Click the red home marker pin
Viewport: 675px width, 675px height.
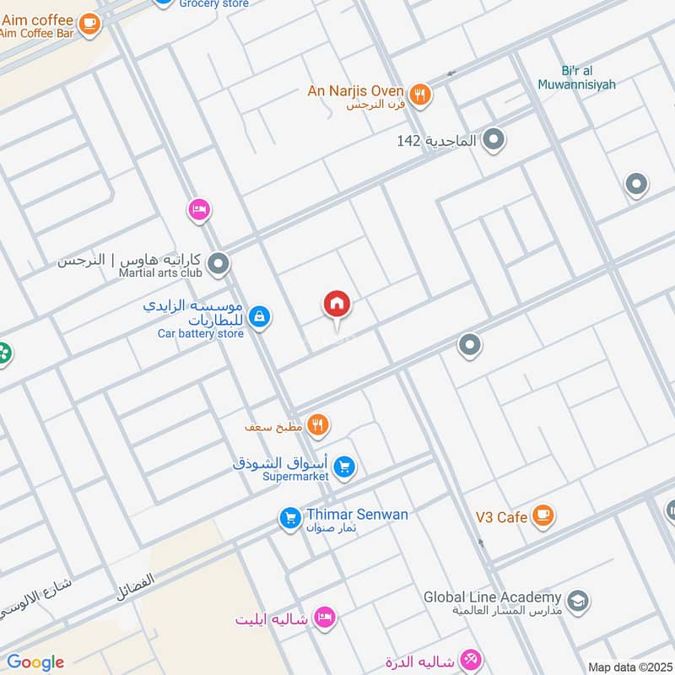tap(337, 305)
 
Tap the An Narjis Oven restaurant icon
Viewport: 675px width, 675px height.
tap(419, 94)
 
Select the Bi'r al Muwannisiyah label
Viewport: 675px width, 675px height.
tap(577, 78)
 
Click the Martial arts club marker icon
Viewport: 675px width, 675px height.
tap(219, 266)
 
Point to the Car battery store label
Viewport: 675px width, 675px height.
tap(201, 333)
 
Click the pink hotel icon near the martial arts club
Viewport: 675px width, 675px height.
tap(199, 208)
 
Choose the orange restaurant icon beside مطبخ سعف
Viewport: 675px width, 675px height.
tap(317, 425)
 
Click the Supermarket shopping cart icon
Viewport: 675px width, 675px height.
tap(343, 466)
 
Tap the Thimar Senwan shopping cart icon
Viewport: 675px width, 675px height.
tap(289, 519)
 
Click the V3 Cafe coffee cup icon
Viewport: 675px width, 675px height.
tap(542, 515)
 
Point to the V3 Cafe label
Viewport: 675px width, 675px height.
tap(500, 517)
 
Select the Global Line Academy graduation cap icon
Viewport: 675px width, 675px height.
tap(578, 601)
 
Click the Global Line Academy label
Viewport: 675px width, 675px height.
tap(493, 597)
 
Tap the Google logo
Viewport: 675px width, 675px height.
tap(35, 662)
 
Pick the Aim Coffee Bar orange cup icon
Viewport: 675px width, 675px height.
tap(89, 24)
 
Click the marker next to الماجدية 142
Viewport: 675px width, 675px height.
tap(494, 140)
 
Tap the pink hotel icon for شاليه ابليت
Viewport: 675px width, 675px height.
tap(323, 618)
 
